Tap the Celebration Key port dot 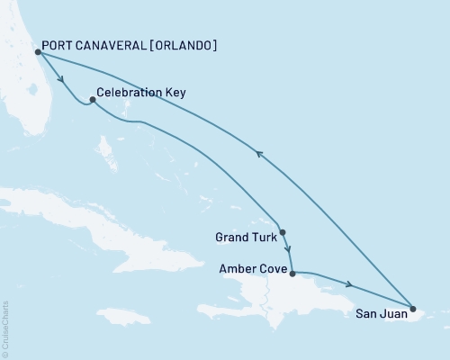(x=93, y=100)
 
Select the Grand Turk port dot (x=283, y=232)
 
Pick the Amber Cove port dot (x=292, y=270)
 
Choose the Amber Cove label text (x=253, y=269)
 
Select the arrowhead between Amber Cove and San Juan (x=347, y=286)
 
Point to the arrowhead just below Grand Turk (x=286, y=249)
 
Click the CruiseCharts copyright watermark (x=6, y=328)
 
